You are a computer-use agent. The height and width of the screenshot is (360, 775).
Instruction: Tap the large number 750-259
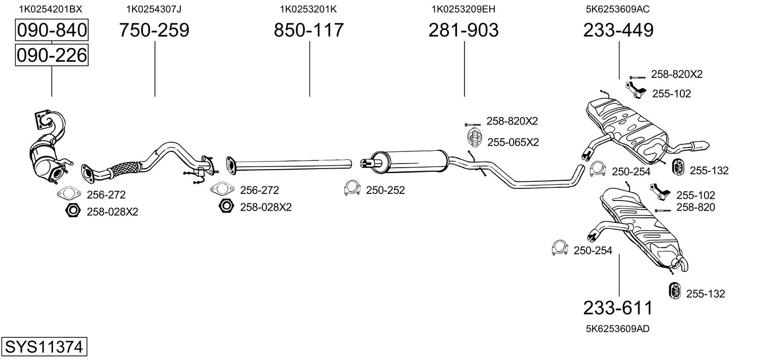click(x=154, y=30)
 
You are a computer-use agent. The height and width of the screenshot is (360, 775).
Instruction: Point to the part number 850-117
click(x=308, y=30)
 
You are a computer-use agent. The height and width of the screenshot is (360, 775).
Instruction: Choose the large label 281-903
click(x=463, y=30)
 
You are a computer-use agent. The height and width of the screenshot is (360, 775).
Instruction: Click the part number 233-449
click(x=618, y=30)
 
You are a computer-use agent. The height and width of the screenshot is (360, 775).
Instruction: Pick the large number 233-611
click(x=618, y=308)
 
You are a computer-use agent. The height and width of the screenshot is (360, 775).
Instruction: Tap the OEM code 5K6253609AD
click(x=618, y=329)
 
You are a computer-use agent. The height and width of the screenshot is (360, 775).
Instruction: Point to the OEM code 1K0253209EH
click(x=463, y=9)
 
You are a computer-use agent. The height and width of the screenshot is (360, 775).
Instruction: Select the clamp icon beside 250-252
click(x=352, y=188)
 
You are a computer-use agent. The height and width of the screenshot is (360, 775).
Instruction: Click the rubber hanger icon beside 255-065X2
click(x=473, y=138)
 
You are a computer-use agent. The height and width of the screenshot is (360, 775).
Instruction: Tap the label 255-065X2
click(x=513, y=142)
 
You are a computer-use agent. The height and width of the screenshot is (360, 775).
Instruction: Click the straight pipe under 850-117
click(x=294, y=164)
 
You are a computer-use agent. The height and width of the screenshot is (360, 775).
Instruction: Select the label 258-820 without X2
click(x=695, y=207)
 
